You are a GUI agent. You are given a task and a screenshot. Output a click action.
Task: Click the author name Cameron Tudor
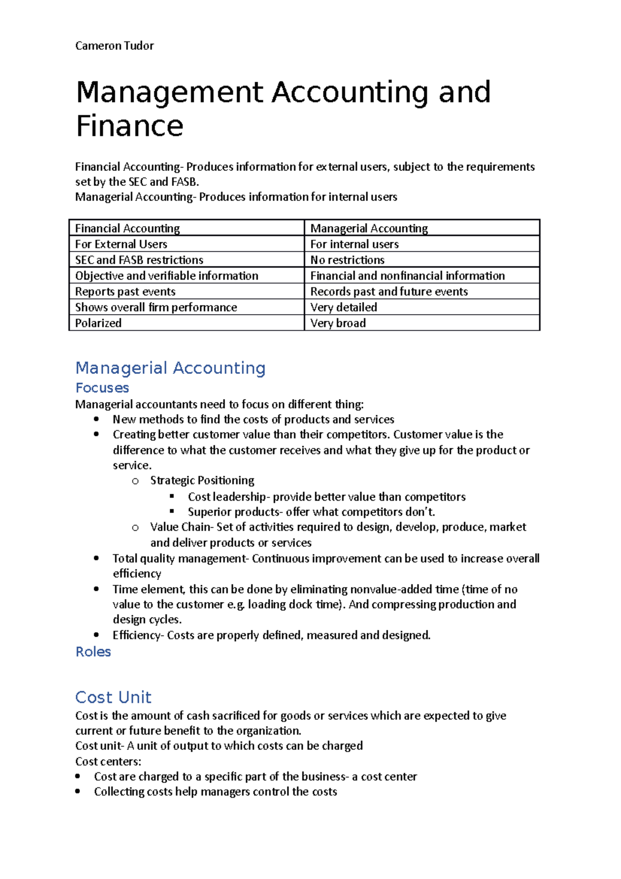(x=114, y=46)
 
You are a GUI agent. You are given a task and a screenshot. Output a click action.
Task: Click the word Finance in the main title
(x=130, y=126)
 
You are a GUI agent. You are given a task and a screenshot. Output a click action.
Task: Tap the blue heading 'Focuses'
(x=102, y=388)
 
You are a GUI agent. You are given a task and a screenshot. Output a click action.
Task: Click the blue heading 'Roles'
(x=93, y=652)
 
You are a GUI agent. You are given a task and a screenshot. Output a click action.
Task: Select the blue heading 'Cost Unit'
(x=113, y=697)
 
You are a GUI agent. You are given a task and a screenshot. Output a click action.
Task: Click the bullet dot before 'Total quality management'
(x=97, y=558)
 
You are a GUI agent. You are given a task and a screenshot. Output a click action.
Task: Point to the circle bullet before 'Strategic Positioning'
(x=135, y=481)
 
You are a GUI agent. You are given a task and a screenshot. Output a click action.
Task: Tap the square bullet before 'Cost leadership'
(x=172, y=496)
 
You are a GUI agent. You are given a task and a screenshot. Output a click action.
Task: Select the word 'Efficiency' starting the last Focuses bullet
(x=137, y=635)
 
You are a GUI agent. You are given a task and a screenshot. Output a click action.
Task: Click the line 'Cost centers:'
(x=108, y=761)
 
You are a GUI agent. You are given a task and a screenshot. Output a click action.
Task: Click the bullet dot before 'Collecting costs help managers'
(x=78, y=792)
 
